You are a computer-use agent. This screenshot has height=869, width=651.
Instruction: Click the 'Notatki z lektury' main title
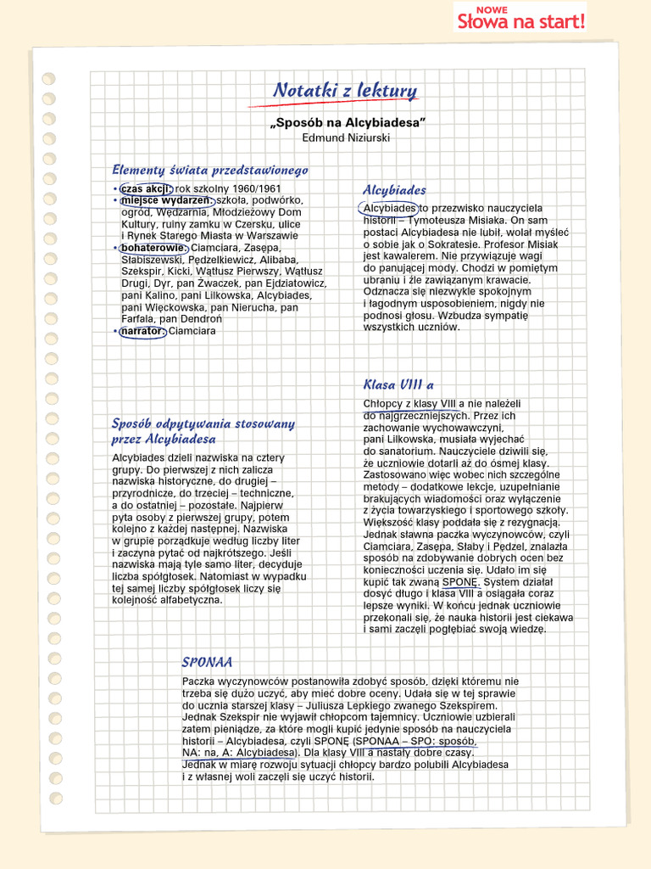click(344, 91)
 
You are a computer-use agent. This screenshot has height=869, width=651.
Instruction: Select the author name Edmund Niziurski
click(346, 137)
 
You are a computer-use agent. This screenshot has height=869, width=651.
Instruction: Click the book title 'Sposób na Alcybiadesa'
click(347, 123)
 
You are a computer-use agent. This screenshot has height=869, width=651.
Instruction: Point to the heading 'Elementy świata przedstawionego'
click(210, 170)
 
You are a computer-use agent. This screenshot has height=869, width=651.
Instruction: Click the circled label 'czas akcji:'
click(145, 188)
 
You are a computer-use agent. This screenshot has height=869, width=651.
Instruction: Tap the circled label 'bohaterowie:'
click(153, 248)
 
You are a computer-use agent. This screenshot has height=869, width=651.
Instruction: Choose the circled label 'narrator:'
click(142, 331)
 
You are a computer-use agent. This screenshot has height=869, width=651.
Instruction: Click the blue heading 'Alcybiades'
click(394, 190)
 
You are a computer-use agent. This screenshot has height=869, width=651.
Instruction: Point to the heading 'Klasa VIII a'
click(398, 384)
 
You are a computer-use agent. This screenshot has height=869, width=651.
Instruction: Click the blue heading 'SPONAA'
click(207, 662)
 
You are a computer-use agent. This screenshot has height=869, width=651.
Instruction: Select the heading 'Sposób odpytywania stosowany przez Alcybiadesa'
click(203, 431)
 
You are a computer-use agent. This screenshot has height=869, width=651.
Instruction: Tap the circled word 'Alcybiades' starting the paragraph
click(389, 209)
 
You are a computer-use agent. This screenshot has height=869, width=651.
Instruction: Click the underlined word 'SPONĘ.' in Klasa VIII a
click(460, 583)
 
